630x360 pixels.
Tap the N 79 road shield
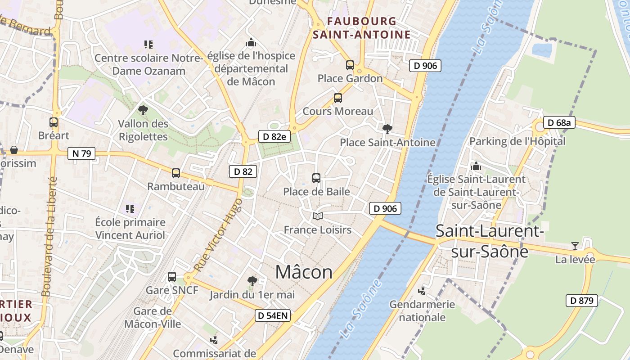[x=81, y=153]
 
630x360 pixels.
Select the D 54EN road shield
[x=272, y=315]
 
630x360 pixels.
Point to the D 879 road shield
[x=581, y=301]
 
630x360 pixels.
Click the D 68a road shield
[x=559, y=122]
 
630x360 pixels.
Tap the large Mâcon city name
[x=304, y=272]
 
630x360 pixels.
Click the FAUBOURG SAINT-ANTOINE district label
[x=362, y=28]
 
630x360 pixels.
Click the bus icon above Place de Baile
[x=316, y=178]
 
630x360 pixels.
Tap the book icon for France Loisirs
[x=318, y=216]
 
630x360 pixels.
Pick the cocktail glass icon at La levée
[x=575, y=246]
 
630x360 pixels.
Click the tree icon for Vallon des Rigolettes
[x=143, y=109]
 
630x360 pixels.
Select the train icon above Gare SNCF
[x=172, y=276]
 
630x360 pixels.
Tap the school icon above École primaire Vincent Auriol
[x=130, y=208]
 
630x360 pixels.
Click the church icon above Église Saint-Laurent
[x=476, y=166]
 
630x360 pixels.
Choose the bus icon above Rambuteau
[x=176, y=173]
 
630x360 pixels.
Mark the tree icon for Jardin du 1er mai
[x=252, y=281]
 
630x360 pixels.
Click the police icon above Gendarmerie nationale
[x=422, y=291]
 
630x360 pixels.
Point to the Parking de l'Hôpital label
[x=517, y=141]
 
